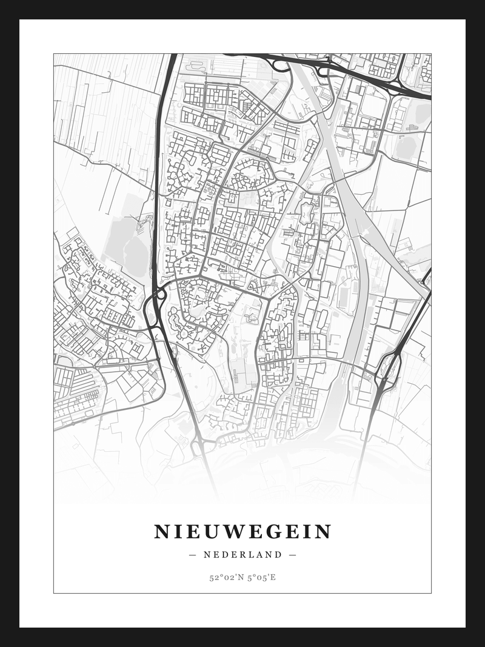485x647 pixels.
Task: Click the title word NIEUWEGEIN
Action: click(242, 532)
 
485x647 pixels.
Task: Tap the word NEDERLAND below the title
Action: click(242, 554)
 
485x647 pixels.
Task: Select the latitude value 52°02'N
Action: click(226, 577)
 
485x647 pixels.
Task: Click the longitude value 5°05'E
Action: click(261, 577)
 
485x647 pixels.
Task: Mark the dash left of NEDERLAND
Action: click(193, 554)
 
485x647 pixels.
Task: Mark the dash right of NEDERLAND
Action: click(292, 554)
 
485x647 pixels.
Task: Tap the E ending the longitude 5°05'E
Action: click(273, 577)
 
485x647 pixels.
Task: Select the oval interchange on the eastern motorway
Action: click(386, 369)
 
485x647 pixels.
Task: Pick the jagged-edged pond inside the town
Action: click(306, 213)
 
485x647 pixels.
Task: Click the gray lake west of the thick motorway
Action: click(129, 243)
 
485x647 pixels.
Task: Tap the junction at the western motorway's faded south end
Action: click(200, 448)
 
